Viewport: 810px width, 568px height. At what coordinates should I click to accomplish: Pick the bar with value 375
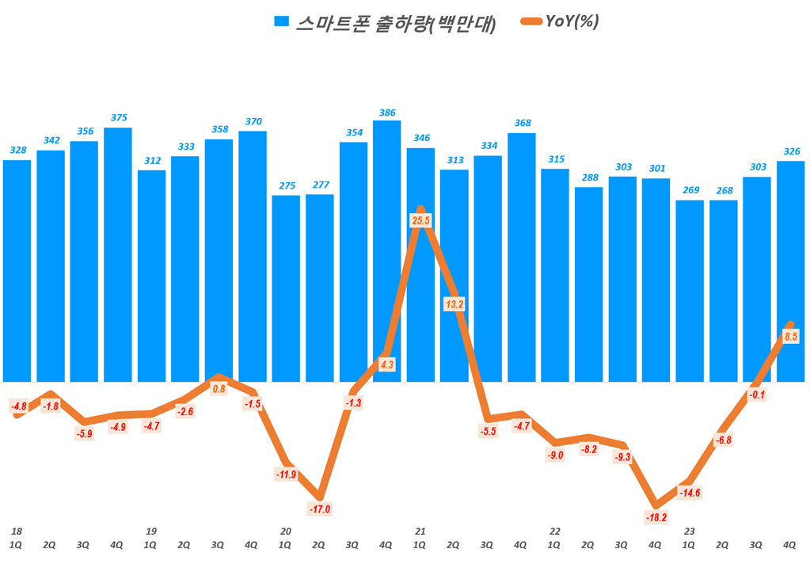point(117,254)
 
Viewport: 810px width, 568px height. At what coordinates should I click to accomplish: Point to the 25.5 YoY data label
point(420,219)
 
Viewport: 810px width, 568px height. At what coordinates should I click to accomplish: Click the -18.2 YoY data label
point(656,517)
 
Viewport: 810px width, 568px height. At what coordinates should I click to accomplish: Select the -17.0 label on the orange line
point(319,509)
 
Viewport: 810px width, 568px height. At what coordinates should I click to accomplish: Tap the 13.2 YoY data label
point(454,303)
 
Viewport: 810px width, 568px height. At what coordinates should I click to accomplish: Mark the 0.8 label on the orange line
point(219,388)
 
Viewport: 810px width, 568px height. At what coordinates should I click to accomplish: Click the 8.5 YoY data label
point(790,337)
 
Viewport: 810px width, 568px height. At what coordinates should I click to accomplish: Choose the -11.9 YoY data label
point(286,475)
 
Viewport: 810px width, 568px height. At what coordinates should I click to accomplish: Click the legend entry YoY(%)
point(572,22)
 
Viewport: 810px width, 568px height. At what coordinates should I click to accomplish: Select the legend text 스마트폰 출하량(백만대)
point(396,24)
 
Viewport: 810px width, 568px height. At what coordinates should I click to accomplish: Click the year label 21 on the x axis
point(420,531)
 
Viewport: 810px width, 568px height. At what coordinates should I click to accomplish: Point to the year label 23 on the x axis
point(690,531)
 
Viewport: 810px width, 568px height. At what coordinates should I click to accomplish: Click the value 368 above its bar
point(522,122)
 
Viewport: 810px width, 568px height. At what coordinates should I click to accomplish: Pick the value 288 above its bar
point(588,177)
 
